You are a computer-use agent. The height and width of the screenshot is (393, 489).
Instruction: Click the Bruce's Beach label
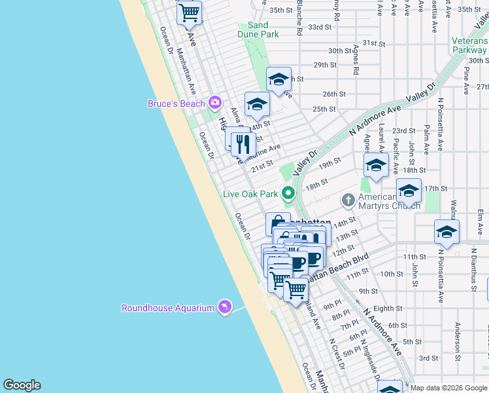click(x=176, y=103)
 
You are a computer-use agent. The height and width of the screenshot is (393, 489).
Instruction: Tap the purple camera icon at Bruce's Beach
click(x=214, y=103)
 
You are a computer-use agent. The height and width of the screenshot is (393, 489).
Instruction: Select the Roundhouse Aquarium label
click(x=168, y=308)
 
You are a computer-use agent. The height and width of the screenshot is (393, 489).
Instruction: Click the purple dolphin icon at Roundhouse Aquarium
click(x=224, y=307)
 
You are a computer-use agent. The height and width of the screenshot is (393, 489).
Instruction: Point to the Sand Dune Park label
click(x=258, y=29)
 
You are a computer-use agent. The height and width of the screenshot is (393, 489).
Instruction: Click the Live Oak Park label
click(x=251, y=193)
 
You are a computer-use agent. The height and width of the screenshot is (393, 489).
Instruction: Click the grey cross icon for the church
click(x=348, y=198)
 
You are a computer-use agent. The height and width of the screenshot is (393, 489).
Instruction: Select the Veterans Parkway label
click(x=469, y=45)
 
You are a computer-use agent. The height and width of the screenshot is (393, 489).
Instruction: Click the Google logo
click(x=22, y=385)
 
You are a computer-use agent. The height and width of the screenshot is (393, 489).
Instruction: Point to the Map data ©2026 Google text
click(x=448, y=388)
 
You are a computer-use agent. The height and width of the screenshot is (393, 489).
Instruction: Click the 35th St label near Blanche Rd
click(x=280, y=10)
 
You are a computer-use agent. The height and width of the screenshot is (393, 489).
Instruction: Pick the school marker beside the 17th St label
click(x=409, y=190)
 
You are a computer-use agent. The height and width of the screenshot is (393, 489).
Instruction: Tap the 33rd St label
click(x=320, y=27)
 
